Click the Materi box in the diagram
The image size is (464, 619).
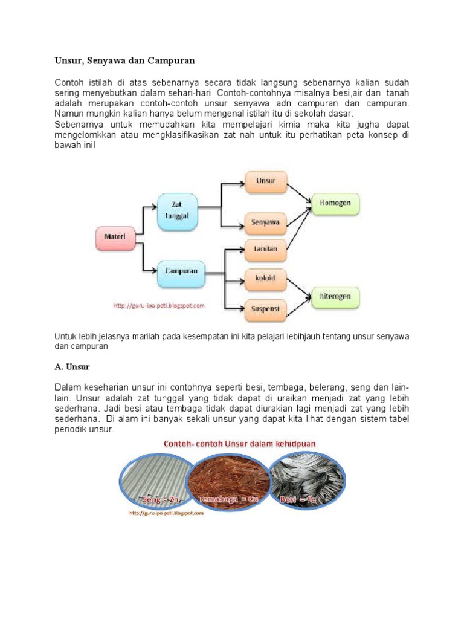pos(115,238)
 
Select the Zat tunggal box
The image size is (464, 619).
pos(178,211)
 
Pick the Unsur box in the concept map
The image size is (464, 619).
pos(266,181)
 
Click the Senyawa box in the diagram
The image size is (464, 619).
pos(266,223)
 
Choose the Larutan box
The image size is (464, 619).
pos(266,249)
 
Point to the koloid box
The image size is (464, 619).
pos(266,279)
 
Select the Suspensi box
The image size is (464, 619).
pos(266,309)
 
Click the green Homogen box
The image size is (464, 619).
pos(335,203)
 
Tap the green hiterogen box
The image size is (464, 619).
pos(335,297)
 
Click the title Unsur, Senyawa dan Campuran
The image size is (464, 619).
pos(126,61)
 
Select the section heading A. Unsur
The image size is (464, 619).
pos(72,366)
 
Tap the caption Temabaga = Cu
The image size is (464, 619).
pos(228,500)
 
